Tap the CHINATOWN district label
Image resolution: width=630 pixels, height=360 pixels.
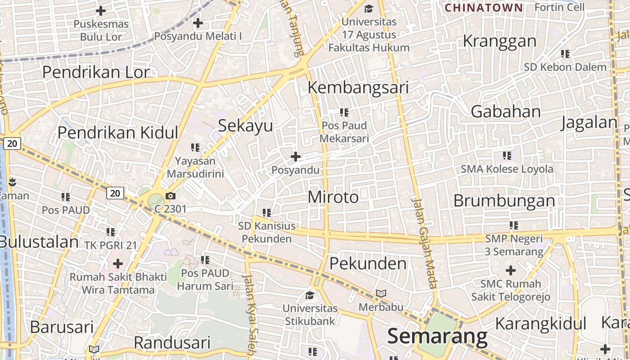(x=484, y=8)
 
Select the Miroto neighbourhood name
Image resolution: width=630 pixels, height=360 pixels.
(x=333, y=197)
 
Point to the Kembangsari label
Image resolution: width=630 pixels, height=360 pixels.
(x=358, y=87)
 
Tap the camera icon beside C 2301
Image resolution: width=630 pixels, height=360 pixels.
(x=171, y=196)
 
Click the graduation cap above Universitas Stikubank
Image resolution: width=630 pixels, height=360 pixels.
(x=310, y=295)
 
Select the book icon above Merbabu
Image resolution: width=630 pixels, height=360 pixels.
(x=381, y=294)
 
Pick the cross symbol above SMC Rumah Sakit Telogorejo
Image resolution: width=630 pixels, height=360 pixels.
(x=510, y=270)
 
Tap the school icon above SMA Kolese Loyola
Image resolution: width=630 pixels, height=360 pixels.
(x=507, y=156)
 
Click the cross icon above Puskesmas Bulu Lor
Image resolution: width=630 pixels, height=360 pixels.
(x=101, y=10)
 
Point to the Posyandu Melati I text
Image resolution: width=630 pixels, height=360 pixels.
(x=198, y=36)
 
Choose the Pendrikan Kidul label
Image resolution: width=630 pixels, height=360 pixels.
(x=118, y=132)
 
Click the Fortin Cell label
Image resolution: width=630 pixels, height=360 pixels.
(x=559, y=7)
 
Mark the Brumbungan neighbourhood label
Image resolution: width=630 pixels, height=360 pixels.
(x=504, y=201)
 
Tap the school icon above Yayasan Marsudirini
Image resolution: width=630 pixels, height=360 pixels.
(x=195, y=147)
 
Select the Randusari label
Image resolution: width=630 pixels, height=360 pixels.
(x=172, y=343)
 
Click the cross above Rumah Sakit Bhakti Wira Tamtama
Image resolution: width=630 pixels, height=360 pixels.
(x=118, y=263)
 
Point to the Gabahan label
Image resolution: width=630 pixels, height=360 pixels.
(x=505, y=112)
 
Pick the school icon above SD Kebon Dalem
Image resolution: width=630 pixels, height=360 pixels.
(x=565, y=54)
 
